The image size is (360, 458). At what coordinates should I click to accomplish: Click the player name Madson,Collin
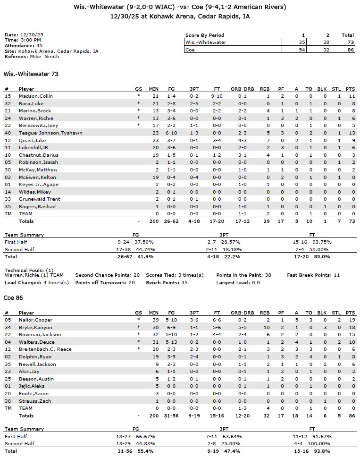click(33, 96)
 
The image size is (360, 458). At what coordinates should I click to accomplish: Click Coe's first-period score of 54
click(303, 49)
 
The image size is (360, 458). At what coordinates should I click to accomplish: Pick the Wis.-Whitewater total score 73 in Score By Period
click(347, 42)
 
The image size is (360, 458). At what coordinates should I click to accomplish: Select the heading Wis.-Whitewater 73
click(31, 74)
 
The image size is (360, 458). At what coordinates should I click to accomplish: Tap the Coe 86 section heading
click(13, 298)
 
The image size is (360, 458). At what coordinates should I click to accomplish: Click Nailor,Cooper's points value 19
click(350, 320)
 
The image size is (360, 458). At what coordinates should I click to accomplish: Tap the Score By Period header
click(204, 35)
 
